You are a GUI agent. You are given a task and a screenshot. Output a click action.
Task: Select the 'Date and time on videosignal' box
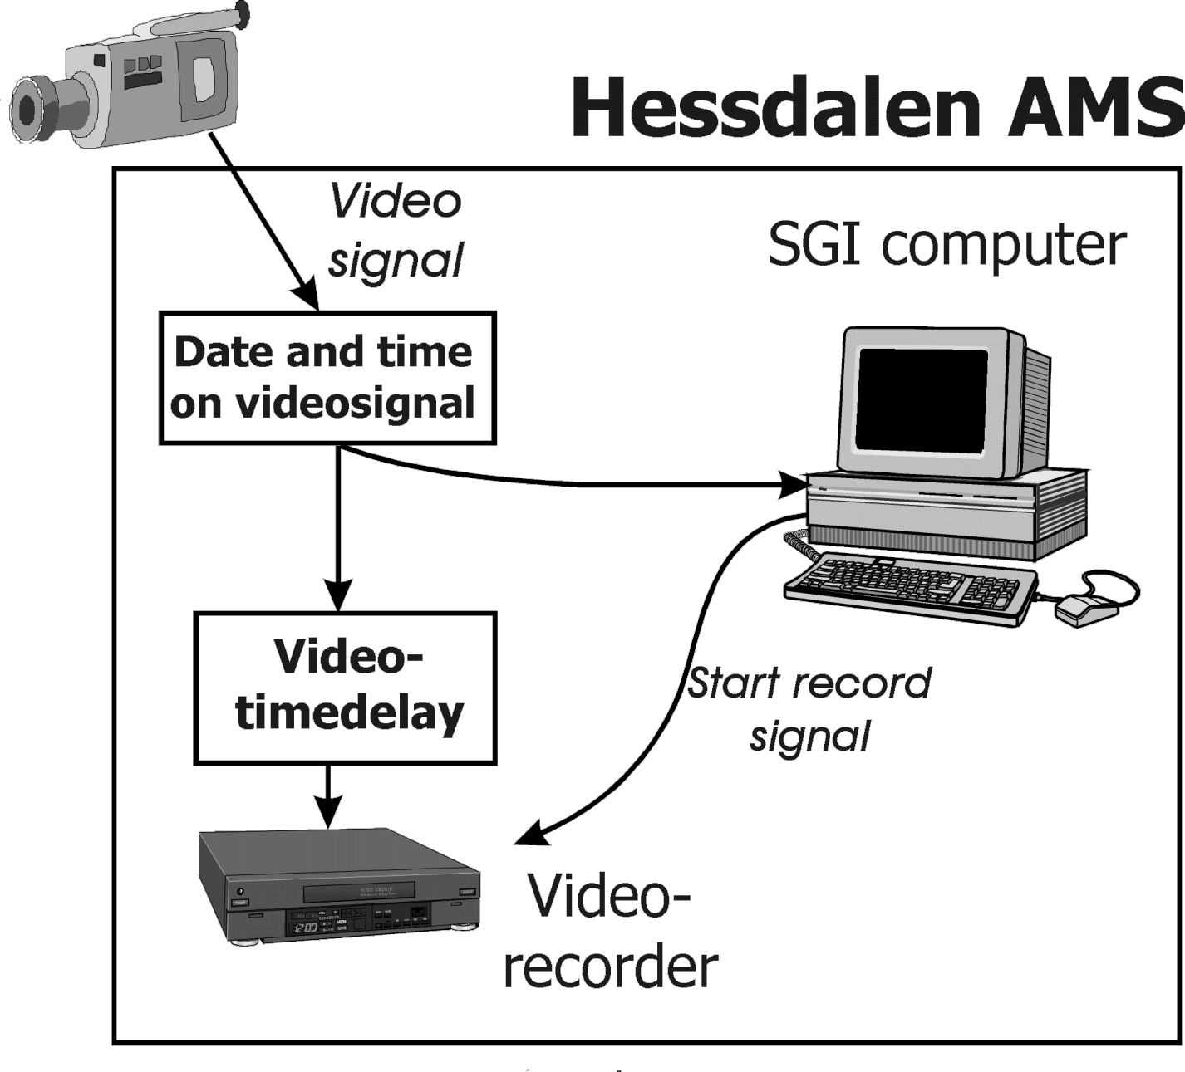point(327,378)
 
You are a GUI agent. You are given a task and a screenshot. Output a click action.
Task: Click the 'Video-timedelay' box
point(345,688)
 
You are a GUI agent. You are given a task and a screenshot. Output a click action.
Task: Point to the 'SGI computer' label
point(947,244)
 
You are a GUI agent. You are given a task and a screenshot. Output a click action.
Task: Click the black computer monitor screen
point(922,399)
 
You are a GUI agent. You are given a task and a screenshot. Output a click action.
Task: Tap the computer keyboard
point(910,585)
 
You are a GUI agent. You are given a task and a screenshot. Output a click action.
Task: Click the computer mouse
point(1084,609)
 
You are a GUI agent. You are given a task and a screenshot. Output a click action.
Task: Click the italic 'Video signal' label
point(396,230)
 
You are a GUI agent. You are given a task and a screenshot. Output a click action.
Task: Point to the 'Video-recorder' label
point(611,930)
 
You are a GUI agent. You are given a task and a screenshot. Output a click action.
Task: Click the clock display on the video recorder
point(305,925)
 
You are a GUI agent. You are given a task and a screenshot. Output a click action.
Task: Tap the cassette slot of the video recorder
point(359,893)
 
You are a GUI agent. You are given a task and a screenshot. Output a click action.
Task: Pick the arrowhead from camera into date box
point(306,297)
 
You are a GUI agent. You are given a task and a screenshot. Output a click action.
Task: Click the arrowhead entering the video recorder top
point(329,813)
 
